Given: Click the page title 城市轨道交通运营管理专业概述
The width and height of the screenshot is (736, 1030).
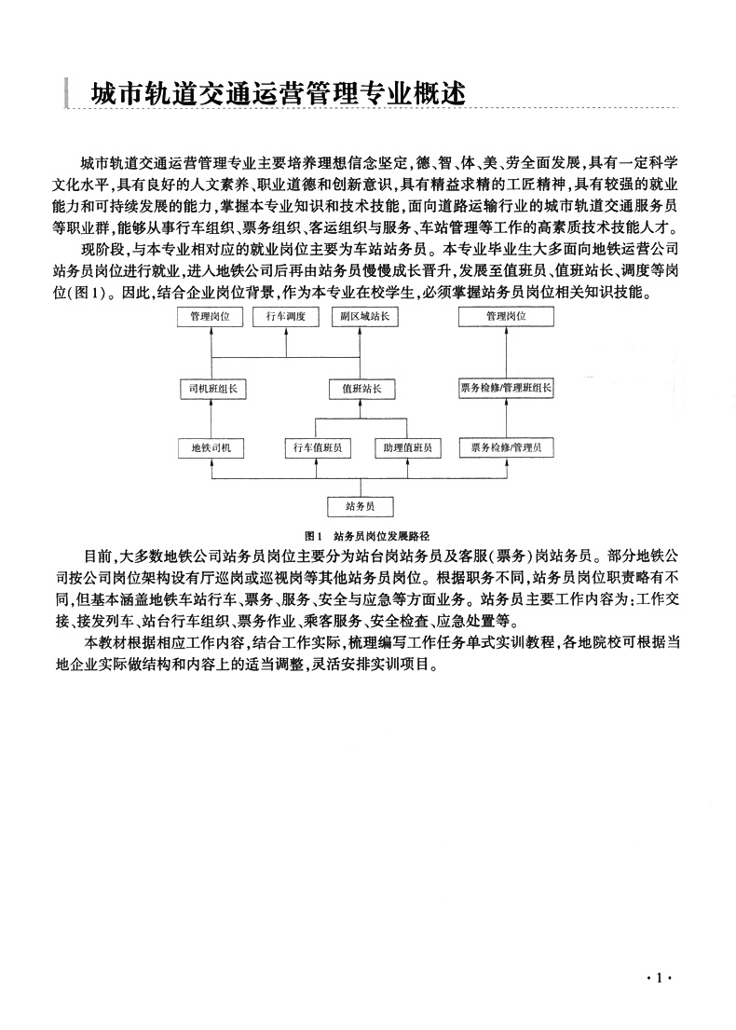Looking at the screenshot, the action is pyautogui.click(x=277, y=95).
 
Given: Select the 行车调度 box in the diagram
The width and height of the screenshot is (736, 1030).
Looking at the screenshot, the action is pyautogui.click(x=286, y=317).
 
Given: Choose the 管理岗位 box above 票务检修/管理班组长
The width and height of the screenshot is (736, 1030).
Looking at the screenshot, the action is pyautogui.click(x=506, y=317).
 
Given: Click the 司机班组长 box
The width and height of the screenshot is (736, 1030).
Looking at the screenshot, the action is pyautogui.click(x=211, y=389).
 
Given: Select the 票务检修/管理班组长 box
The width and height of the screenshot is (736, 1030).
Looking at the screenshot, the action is pyautogui.click(x=506, y=389).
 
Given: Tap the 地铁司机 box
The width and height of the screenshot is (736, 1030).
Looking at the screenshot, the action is pyautogui.click(x=211, y=448).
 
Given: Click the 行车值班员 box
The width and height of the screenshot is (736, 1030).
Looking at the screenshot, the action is pyautogui.click(x=319, y=448).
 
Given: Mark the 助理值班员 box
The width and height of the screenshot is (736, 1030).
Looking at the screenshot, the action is pyautogui.click(x=406, y=448).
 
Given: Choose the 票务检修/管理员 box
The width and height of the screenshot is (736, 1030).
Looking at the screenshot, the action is pyautogui.click(x=506, y=448).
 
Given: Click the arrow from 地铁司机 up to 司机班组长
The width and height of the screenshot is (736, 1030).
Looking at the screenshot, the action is pyautogui.click(x=211, y=419).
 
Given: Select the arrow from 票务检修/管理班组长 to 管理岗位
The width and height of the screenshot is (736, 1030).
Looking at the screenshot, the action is pyautogui.click(x=506, y=352).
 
